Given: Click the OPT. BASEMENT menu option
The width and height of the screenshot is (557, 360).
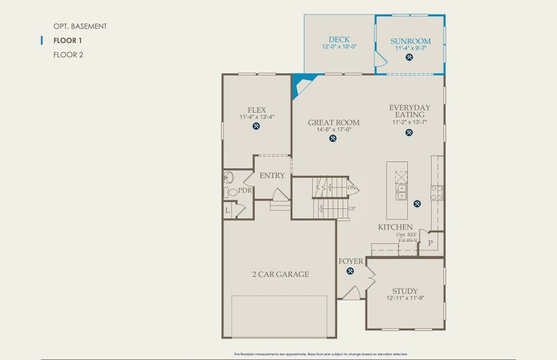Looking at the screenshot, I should tap(80, 26).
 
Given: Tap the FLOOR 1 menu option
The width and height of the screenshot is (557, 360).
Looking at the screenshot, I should tap(67, 40).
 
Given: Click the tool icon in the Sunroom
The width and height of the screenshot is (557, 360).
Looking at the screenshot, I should tap(410, 58).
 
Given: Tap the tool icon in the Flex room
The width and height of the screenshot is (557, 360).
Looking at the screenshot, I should tap(257, 127).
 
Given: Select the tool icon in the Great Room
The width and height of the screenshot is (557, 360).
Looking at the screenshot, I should tap(333, 139).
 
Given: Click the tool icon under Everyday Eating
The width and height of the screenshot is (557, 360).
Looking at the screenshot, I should tap(410, 133).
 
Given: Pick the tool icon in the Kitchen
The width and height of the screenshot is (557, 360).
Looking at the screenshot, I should tap(417, 204).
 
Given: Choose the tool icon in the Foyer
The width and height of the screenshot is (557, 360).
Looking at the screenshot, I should tap(350, 271).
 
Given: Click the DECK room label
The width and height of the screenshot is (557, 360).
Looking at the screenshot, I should tap(339, 40).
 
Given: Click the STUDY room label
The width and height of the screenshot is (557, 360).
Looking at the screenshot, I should tap(405, 291).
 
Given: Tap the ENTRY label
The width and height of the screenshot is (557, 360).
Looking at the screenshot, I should tap(272, 176).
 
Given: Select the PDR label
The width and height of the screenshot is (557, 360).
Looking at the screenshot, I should tap(245, 190).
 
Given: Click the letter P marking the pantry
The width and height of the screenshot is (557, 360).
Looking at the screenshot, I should tap(430, 243).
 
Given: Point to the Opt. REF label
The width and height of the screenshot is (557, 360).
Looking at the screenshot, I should tap(407, 235).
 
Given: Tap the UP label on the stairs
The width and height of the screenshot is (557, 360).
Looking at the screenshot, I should tap(351, 208).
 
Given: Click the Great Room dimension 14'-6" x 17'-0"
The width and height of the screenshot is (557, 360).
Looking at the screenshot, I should tap(329, 129).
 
